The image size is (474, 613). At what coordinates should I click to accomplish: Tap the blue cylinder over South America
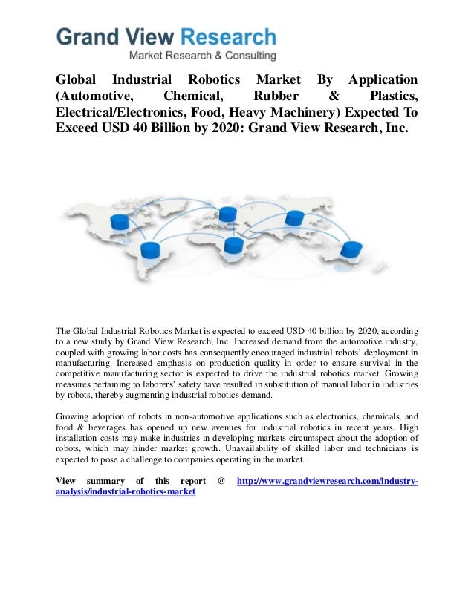coord(151,250)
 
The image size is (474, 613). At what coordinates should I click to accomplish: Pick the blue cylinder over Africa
coord(233,245)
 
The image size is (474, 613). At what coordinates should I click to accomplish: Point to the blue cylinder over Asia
coord(295,218)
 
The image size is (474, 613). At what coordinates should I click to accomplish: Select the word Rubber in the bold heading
coord(276,96)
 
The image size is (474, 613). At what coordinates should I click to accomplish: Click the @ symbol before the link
coord(221,482)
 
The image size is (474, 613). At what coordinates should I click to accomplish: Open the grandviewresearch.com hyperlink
coord(326,482)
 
